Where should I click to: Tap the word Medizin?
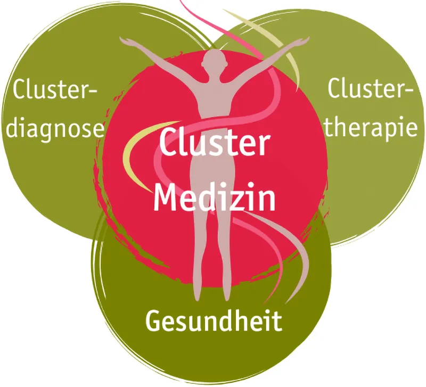215,197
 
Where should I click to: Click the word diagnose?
54,129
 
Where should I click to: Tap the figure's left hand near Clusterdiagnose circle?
126,40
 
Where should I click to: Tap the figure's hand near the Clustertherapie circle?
303,40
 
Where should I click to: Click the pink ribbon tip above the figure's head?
184,4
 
